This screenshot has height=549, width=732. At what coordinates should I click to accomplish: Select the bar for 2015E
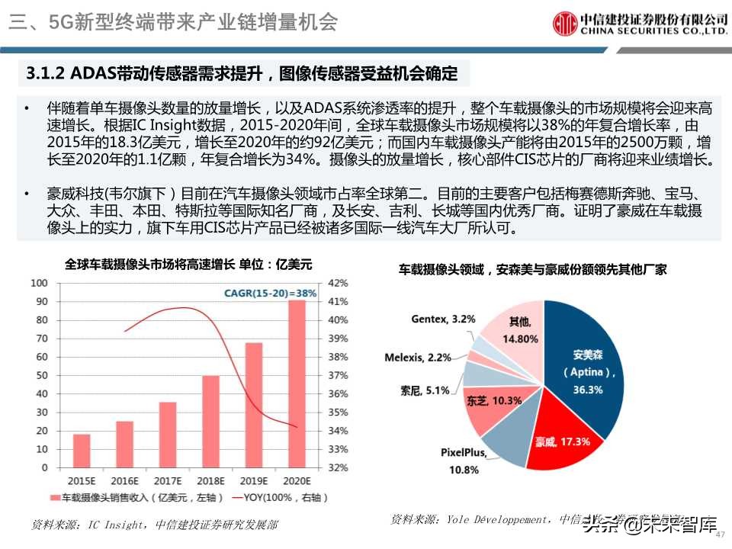coord(82,451)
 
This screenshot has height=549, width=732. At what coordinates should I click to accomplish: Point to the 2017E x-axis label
coord(168,481)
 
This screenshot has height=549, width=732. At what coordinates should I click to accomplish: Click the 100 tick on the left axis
coord(39,283)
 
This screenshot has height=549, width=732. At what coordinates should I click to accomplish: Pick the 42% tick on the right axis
coord(337,283)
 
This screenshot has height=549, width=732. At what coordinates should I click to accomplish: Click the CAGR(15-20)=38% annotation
coord(270,293)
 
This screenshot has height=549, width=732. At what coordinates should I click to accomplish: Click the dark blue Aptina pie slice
coord(587,358)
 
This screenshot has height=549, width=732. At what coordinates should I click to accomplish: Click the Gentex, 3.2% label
coord(443,318)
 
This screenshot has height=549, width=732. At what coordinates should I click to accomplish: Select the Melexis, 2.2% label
coord(418,356)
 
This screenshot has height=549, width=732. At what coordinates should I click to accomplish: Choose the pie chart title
coord(532,269)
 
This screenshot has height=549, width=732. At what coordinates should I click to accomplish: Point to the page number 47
coord(720,533)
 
